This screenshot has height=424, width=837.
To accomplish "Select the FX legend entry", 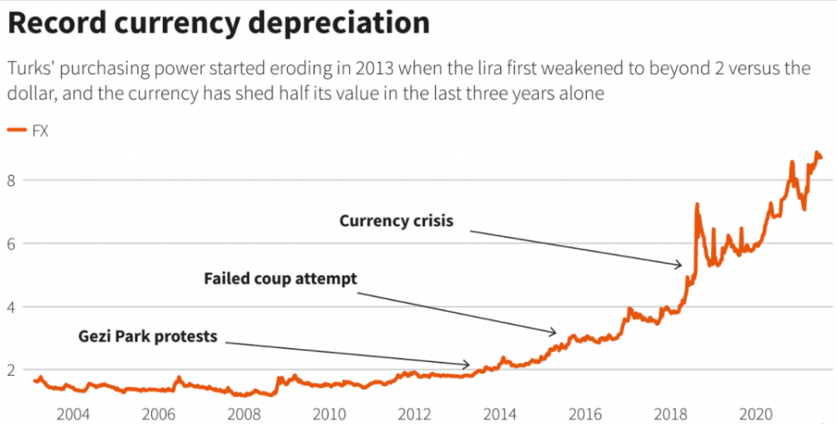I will point(38,131).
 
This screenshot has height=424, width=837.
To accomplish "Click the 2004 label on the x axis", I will point(74,413).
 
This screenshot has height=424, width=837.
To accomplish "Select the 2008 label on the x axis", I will point(244,413).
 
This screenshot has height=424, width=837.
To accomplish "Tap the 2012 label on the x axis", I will point(414,413).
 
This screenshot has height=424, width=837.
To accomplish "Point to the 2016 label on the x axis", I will point(585,413).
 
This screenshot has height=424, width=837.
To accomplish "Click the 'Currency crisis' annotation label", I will point(396,221).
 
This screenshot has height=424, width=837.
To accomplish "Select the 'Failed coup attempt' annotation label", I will point(280,279).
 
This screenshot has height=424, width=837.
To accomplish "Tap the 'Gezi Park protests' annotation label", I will point(148,336).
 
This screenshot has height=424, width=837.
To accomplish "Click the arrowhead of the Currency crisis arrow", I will point(681,265).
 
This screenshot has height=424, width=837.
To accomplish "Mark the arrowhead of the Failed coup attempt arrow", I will point(556,333).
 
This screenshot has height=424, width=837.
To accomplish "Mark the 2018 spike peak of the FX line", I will point(696,204).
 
